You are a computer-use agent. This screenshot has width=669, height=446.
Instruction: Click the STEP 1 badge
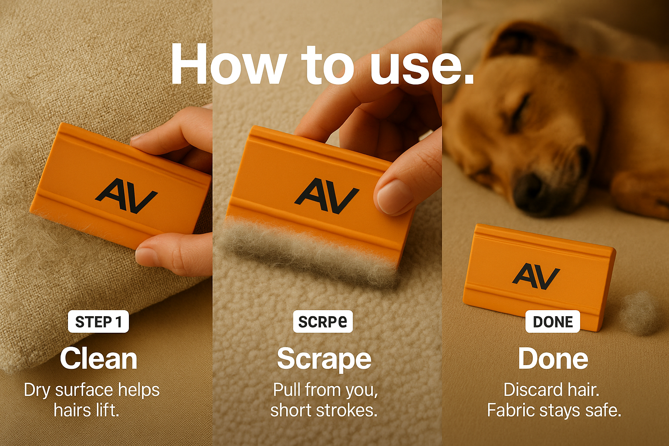(98, 321)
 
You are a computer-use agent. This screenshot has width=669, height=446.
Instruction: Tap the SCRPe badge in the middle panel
(323, 321)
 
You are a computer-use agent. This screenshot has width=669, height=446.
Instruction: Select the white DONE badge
(553, 321)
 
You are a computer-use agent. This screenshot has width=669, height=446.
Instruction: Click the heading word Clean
(98, 358)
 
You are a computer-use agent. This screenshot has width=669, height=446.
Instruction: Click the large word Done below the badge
(553, 358)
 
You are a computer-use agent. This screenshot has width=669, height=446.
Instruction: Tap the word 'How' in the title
(227, 64)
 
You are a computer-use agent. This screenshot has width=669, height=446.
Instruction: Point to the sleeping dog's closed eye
(518, 111)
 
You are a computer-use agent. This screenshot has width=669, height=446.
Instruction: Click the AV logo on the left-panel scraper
(126, 196)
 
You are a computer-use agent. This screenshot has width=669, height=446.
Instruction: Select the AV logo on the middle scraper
(327, 196)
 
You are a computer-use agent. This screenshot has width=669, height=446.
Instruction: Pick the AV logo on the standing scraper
(536, 276)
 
